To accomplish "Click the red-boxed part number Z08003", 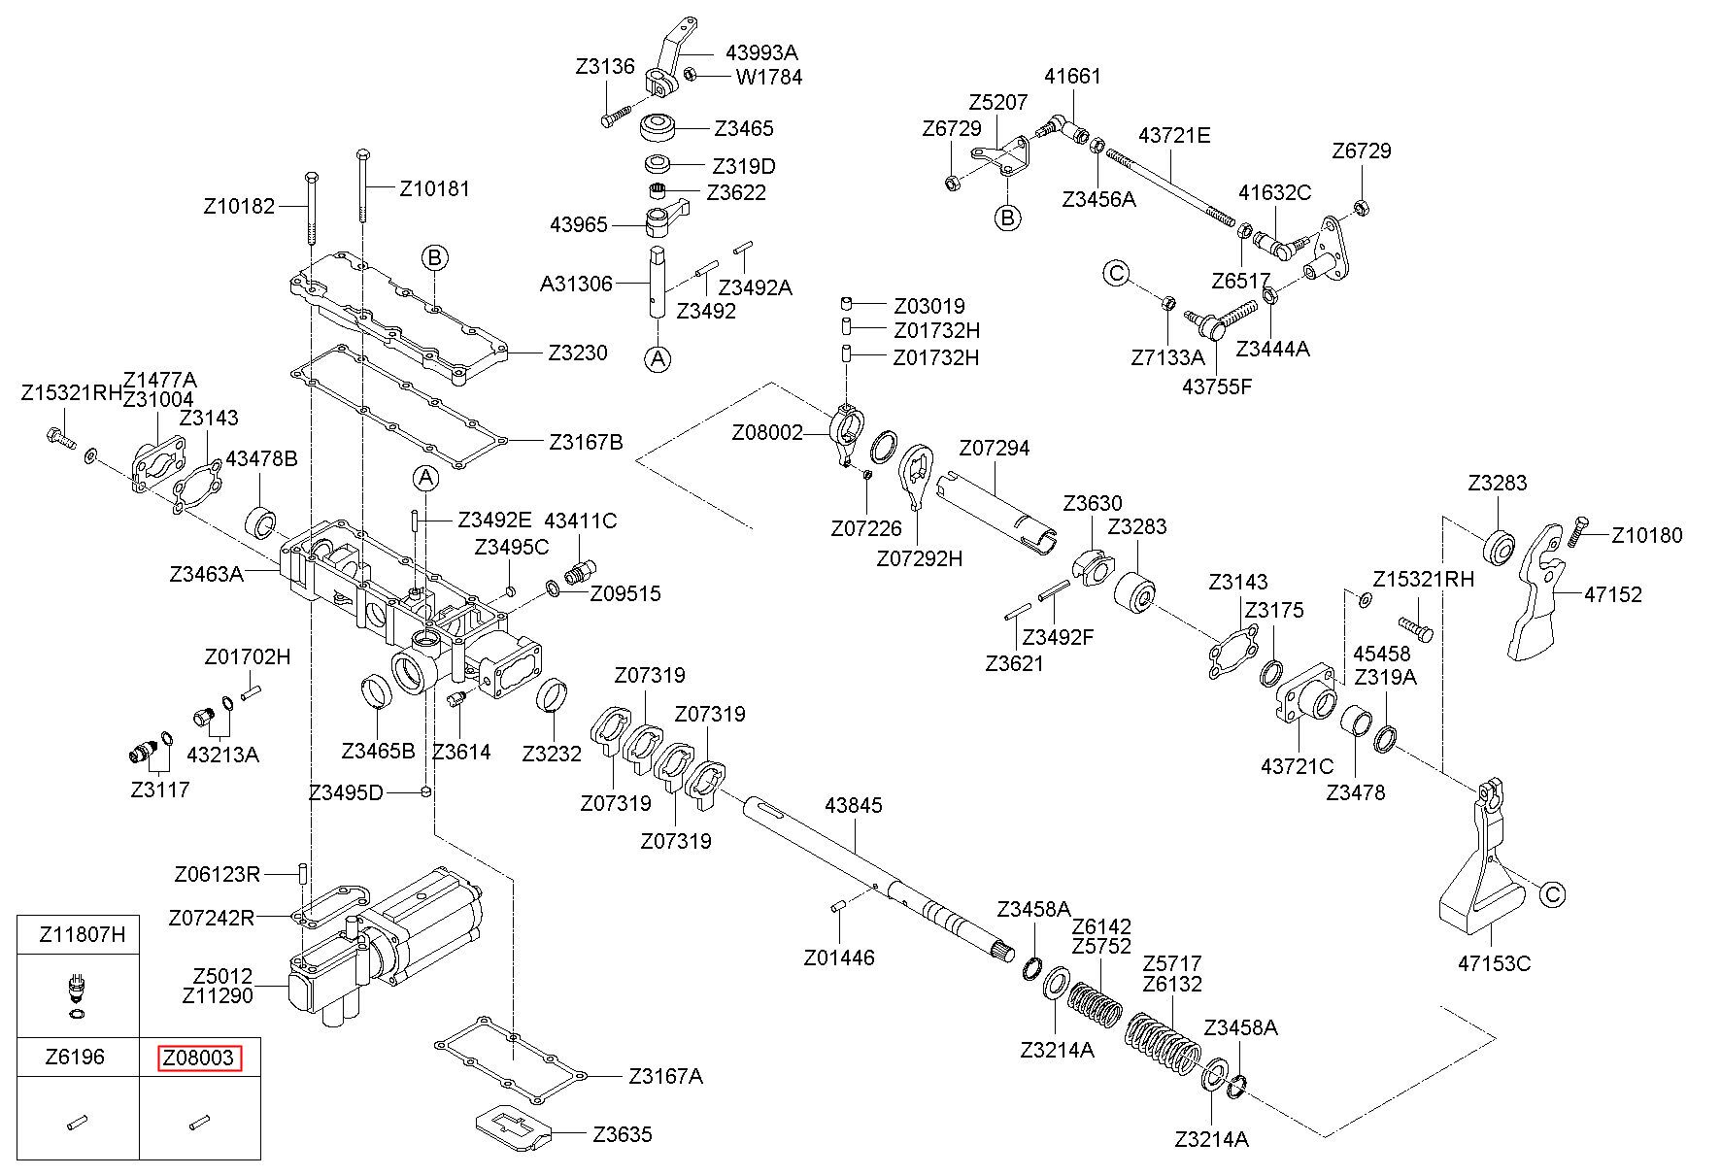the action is [x=199, y=1058].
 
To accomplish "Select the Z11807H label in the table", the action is [x=83, y=935].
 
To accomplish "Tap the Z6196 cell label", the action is [x=75, y=1058].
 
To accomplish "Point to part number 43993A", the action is [x=762, y=52].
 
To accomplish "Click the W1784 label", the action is [x=769, y=77].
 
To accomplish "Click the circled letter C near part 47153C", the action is [x=1554, y=894].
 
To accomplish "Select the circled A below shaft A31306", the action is [x=658, y=359].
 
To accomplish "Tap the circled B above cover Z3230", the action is [x=435, y=258].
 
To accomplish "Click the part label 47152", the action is [x=1612, y=594].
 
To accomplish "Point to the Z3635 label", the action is [x=623, y=1134].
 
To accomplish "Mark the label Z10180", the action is [x=1647, y=535].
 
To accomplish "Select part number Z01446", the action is [x=839, y=958].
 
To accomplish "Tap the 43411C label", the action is [x=580, y=521].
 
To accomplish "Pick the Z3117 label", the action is [x=160, y=790].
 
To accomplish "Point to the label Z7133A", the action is [x=1167, y=357].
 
